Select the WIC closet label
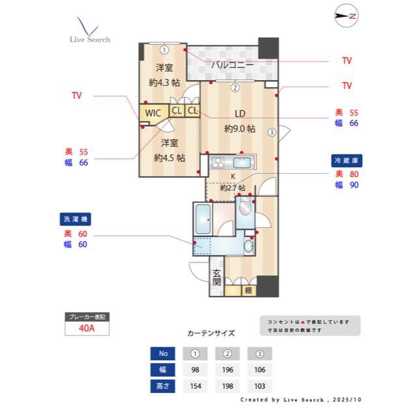click(153, 113)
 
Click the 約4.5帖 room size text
click(169, 157)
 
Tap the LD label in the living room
click(239, 114)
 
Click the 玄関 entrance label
click(216, 278)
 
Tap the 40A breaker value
click(87, 328)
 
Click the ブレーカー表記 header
click(87, 316)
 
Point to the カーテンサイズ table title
click(210, 332)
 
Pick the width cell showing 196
click(227, 370)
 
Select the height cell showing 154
click(195, 386)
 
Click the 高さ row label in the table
click(164, 386)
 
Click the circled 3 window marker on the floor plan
click(271, 131)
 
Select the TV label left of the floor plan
click(77, 95)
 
